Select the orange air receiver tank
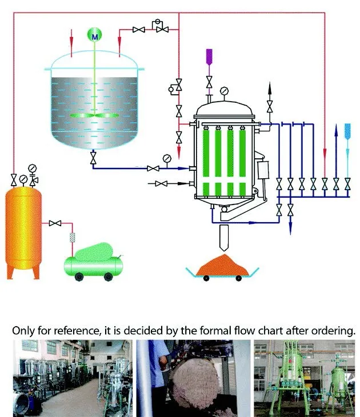pyautogui.click(x=23, y=228)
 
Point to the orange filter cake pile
pyautogui.click(x=223, y=264)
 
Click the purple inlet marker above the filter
pyautogui.click(x=209, y=56)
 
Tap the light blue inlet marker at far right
pyautogui.click(x=348, y=129)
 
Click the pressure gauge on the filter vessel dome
pyautogui.click(x=225, y=90)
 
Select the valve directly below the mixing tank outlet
pyautogui.click(x=94, y=158)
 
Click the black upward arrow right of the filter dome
pyautogui.click(x=270, y=87)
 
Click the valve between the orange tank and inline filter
pyautogui.click(x=55, y=223)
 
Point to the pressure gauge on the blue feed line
pyautogui.click(x=167, y=158)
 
